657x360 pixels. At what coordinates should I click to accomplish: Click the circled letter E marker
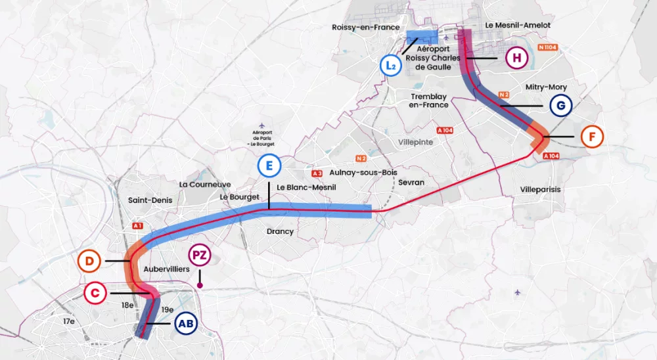(268, 166)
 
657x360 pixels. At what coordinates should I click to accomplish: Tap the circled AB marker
(186, 323)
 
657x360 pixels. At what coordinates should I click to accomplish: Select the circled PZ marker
(200, 256)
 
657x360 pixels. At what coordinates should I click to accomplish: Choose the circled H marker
(516, 58)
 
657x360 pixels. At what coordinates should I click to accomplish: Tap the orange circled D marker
(88, 261)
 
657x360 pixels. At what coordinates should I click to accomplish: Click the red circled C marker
(95, 293)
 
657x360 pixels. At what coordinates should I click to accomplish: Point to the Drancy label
(280, 231)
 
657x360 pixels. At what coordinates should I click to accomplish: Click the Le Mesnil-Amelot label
(518, 25)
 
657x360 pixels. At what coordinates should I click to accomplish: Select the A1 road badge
(137, 226)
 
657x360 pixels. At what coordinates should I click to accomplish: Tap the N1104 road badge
(547, 47)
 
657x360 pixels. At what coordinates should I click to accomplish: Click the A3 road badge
(317, 173)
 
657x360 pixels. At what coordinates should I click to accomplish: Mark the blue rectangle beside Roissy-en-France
(420, 36)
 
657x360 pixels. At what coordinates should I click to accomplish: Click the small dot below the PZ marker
(200, 286)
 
